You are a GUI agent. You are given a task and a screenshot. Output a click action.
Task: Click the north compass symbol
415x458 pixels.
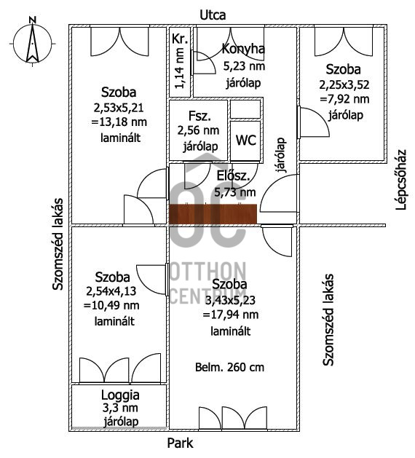[x=33, y=42]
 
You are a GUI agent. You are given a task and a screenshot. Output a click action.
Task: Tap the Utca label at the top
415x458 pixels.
[x=213, y=15]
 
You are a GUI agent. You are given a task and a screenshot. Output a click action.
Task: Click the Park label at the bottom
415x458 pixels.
[x=180, y=443]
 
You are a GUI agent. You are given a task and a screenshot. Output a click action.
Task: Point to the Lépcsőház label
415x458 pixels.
[x=401, y=179]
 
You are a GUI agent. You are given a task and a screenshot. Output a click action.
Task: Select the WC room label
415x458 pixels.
[x=246, y=141]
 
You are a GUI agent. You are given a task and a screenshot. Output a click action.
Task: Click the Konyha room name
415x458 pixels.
[x=243, y=49]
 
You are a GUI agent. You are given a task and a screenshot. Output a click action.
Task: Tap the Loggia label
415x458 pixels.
[x=120, y=395]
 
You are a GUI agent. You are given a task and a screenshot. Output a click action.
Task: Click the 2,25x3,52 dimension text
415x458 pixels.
[x=344, y=84]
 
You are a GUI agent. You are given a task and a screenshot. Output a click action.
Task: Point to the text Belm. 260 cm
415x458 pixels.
[x=229, y=367]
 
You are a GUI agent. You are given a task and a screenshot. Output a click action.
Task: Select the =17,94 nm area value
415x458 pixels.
[x=230, y=315]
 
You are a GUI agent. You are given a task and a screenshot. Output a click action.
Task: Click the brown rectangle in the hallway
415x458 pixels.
[x=213, y=214]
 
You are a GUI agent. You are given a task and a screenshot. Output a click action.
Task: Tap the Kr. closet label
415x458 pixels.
[x=180, y=39]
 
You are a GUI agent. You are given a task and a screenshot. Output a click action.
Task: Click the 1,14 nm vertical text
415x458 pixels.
[x=179, y=68]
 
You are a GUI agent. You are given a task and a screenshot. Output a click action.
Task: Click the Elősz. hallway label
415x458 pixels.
[x=233, y=176]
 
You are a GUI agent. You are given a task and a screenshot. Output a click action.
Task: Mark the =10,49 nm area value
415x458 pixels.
[x=111, y=306]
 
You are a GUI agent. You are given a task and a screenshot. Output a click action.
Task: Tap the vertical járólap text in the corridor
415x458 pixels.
[x=281, y=155]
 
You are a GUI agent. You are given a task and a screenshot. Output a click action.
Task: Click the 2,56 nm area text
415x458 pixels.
[x=198, y=130]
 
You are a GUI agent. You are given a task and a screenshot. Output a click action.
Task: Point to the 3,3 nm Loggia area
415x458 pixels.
[x=120, y=408]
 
